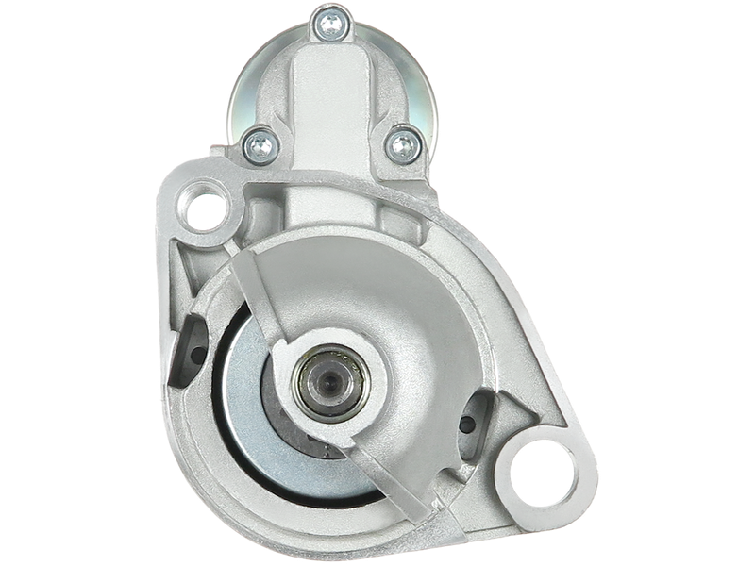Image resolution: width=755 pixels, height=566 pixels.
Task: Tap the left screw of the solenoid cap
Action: point(256,142)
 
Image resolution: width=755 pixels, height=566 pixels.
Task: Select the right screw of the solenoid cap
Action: point(403,143)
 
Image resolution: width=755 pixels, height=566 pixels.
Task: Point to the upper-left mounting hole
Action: point(205,210)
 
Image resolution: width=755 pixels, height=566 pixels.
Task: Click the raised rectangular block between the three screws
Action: point(329,94)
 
